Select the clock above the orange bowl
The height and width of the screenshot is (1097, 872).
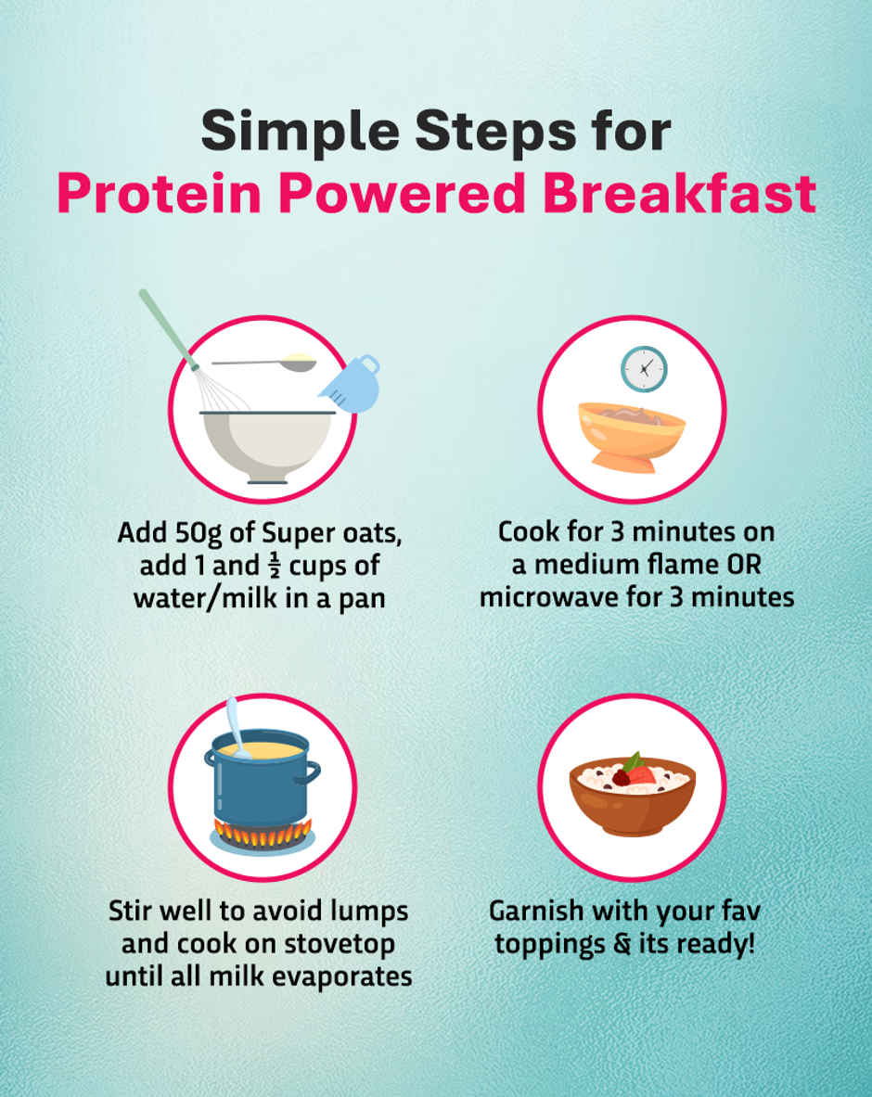(x=643, y=368)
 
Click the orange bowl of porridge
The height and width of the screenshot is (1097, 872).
(x=632, y=434)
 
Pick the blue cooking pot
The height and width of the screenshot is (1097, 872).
(x=259, y=778)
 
